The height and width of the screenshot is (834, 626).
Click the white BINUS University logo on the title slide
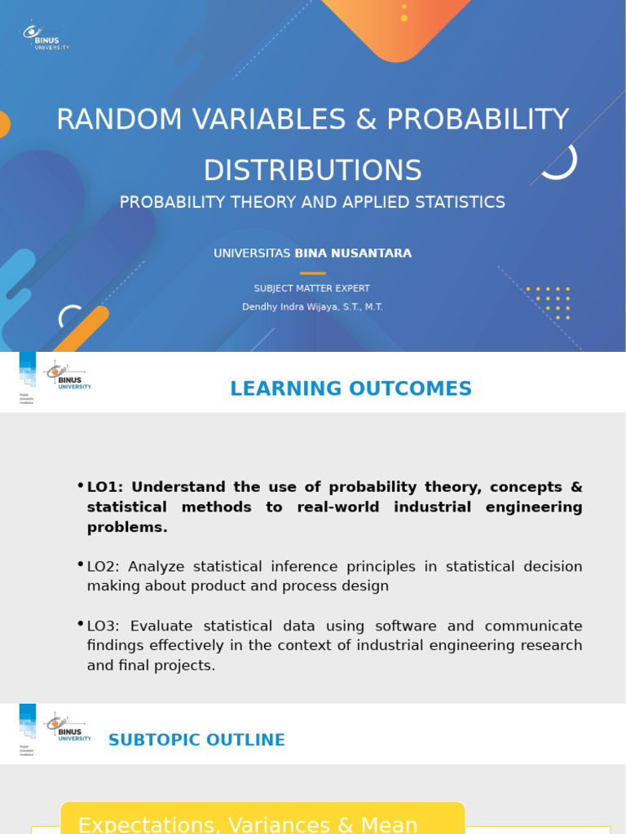click(x=45, y=36)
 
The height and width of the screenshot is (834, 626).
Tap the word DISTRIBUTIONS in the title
click(x=312, y=171)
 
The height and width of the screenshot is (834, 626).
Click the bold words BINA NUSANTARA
click(x=353, y=253)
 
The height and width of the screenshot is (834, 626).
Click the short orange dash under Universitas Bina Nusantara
click(x=312, y=273)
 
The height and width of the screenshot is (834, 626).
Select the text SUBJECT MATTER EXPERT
click(x=312, y=288)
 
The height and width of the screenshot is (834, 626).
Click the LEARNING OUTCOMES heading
click(x=350, y=389)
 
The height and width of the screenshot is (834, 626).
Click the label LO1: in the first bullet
click(x=104, y=487)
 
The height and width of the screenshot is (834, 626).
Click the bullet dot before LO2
click(x=81, y=564)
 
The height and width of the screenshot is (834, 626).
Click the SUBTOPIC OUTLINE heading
click(x=196, y=740)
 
